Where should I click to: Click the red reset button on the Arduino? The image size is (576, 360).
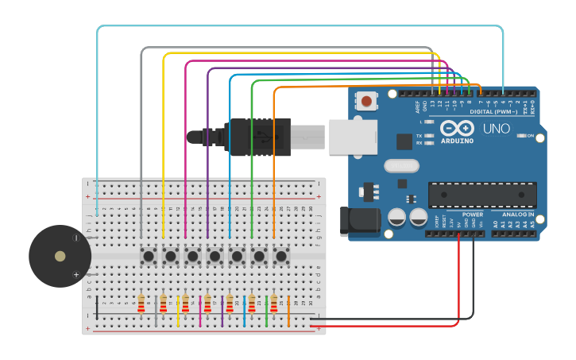pos(366,101)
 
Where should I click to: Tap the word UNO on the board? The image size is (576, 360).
pos(497,129)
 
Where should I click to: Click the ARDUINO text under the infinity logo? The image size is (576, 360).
pos(457,141)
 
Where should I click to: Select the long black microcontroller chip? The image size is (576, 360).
pos(482,195)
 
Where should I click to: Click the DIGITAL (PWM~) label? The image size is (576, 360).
pos(493,112)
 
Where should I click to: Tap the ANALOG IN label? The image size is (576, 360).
pos(517,215)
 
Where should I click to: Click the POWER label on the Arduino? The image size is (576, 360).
pos(472,215)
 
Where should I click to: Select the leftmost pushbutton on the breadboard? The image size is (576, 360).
pos(148,256)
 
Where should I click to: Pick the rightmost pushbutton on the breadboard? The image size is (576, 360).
pos(280,256)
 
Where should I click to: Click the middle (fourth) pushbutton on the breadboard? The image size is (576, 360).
pos(215,256)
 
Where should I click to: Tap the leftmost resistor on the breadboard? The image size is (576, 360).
pos(141,304)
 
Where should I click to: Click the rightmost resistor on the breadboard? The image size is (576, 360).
pos(274,304)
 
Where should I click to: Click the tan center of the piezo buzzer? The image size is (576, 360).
pos(60,256)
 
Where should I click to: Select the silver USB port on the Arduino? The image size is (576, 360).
pos(353,137)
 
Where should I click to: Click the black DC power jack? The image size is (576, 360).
pos(359,222)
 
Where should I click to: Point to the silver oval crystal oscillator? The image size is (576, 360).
pos(401,166)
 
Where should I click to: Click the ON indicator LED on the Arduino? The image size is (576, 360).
pos(521,136)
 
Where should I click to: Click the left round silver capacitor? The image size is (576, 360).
pos(396,217)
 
